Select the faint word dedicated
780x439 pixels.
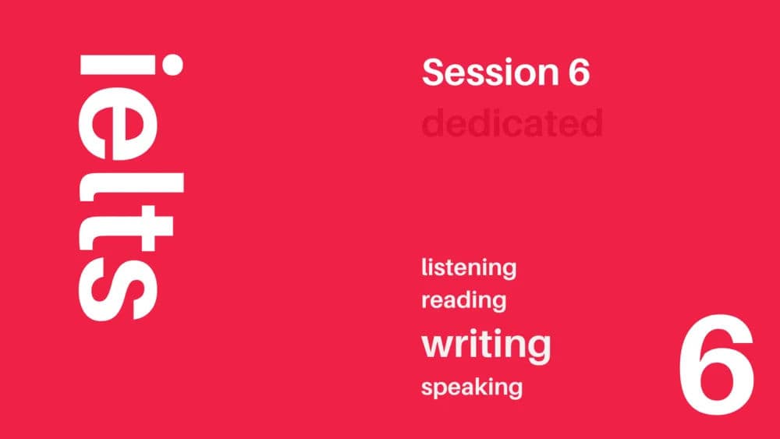pos(512,123)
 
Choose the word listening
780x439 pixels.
pos(469,268)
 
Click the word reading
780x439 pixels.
pos(464,299)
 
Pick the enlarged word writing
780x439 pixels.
pos(486,344)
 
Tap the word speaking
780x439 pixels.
pos(471,387)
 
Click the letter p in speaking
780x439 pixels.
pos(441,389)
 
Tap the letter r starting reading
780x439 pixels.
pos(425,300)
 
